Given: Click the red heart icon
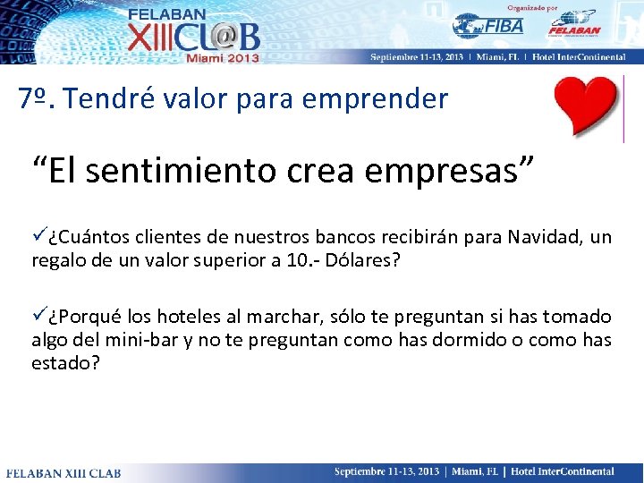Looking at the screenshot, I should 586,106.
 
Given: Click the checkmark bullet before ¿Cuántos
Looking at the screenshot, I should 39,237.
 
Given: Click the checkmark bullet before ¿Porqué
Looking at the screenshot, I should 39,317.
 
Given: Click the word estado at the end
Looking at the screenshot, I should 64,364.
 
